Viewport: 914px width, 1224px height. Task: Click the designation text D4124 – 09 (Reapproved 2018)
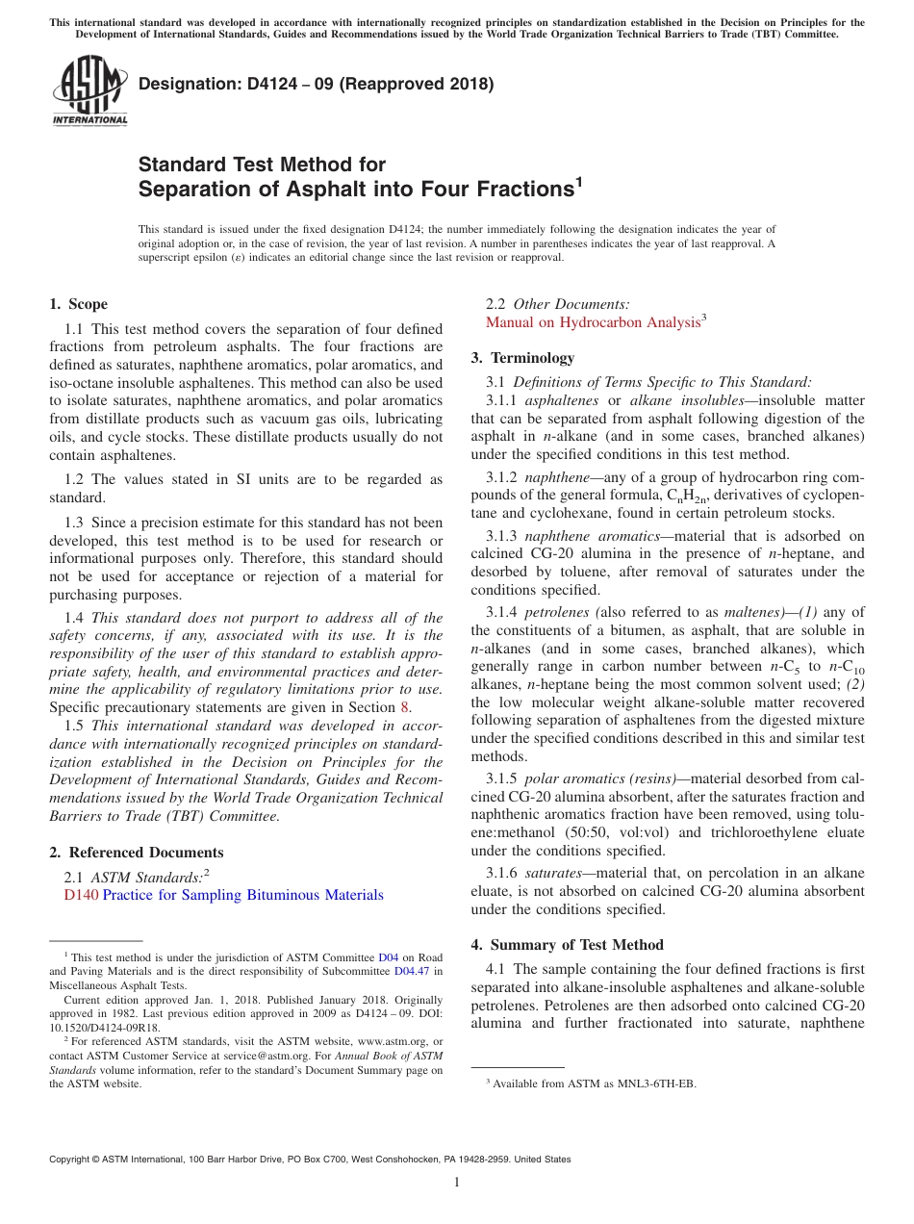point(317,84)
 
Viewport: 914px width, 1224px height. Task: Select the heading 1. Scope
point(78,304)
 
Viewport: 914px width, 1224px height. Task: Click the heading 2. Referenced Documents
point(136,853)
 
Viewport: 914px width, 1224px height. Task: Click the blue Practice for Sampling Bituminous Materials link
point(242,895)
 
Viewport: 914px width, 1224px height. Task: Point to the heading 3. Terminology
point(522,358)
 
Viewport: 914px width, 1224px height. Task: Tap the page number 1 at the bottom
point(457,1183)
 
